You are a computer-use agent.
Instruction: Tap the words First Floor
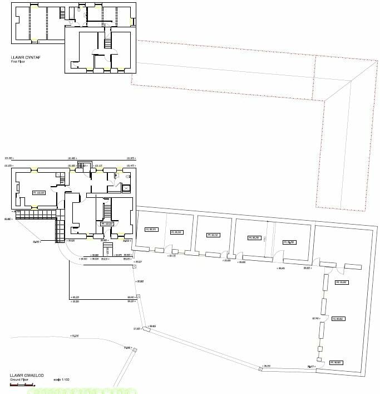point(18,61)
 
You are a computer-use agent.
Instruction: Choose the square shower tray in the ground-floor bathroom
point(126,188)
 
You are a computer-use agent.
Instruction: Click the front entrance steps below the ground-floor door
point(108,247)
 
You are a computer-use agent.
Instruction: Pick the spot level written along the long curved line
point(72,336)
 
